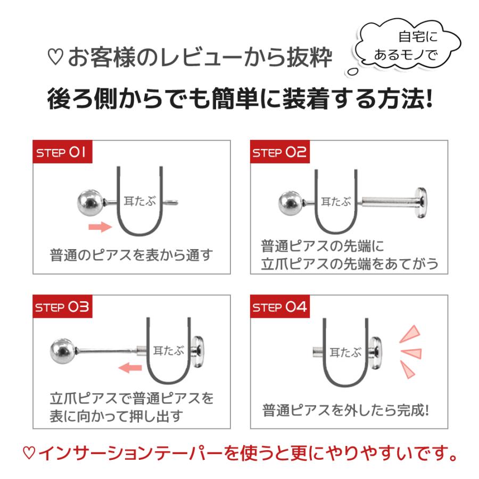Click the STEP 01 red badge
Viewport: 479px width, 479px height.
tap(62, 152)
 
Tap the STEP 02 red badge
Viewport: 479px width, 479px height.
tap(280, 152)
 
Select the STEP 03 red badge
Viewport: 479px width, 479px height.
tap(62, 307)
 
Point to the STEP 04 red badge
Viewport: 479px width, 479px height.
tap(280, 307)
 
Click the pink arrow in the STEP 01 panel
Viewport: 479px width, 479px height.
tap(100, 227)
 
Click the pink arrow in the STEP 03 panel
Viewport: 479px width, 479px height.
tap(130, 367)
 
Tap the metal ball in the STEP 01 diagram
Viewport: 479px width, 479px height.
tap(90, 203)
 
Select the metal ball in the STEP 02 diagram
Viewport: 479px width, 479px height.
tap(291, 203)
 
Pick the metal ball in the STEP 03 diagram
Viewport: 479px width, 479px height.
tap(62, 351)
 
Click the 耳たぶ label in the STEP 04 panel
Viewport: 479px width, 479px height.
tap(345, 352)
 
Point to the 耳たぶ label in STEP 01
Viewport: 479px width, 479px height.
tap(139, 201)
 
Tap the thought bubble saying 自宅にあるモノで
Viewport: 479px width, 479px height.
tap(406, 46)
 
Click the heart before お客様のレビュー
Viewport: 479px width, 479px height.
tap(55, 57)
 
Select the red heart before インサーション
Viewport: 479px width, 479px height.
tap(30, 453)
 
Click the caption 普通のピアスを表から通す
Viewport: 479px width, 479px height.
tap(131, 255)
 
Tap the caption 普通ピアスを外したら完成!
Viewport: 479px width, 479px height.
tap(346, 410)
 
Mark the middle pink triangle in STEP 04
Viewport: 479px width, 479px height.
tap(412, 353)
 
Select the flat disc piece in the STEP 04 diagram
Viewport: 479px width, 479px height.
tap(375, 352)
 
